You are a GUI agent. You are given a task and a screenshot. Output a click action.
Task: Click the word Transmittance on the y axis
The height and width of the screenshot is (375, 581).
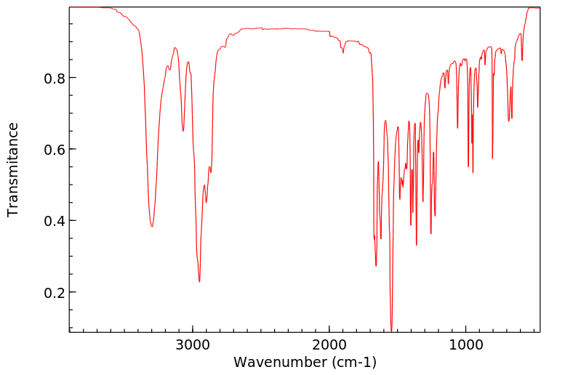(x=13, y=169)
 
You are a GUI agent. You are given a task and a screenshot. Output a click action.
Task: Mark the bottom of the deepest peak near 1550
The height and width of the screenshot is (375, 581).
(x=391, y=331)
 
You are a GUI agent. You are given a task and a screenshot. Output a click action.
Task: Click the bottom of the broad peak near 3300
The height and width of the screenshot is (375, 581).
(x=152, y=227)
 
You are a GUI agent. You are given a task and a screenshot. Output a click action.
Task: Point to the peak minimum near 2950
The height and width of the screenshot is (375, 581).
(x=199, y=281)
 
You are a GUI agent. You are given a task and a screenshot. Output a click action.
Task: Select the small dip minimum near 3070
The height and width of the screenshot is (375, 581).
(x=183, y=131)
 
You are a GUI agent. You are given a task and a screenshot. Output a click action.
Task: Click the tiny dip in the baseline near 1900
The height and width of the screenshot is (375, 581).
(x=343, y=52)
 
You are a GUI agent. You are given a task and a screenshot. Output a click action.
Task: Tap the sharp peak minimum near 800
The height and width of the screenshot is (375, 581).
(x=492, y=158)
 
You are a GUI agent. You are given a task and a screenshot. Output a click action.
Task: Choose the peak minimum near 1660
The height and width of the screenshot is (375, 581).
(x=376, y=265)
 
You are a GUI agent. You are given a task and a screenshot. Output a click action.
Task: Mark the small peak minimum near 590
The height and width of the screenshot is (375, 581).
(x=521, y=60)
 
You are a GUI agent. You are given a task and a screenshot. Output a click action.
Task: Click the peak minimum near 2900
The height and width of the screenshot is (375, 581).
(x=207, y=202)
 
